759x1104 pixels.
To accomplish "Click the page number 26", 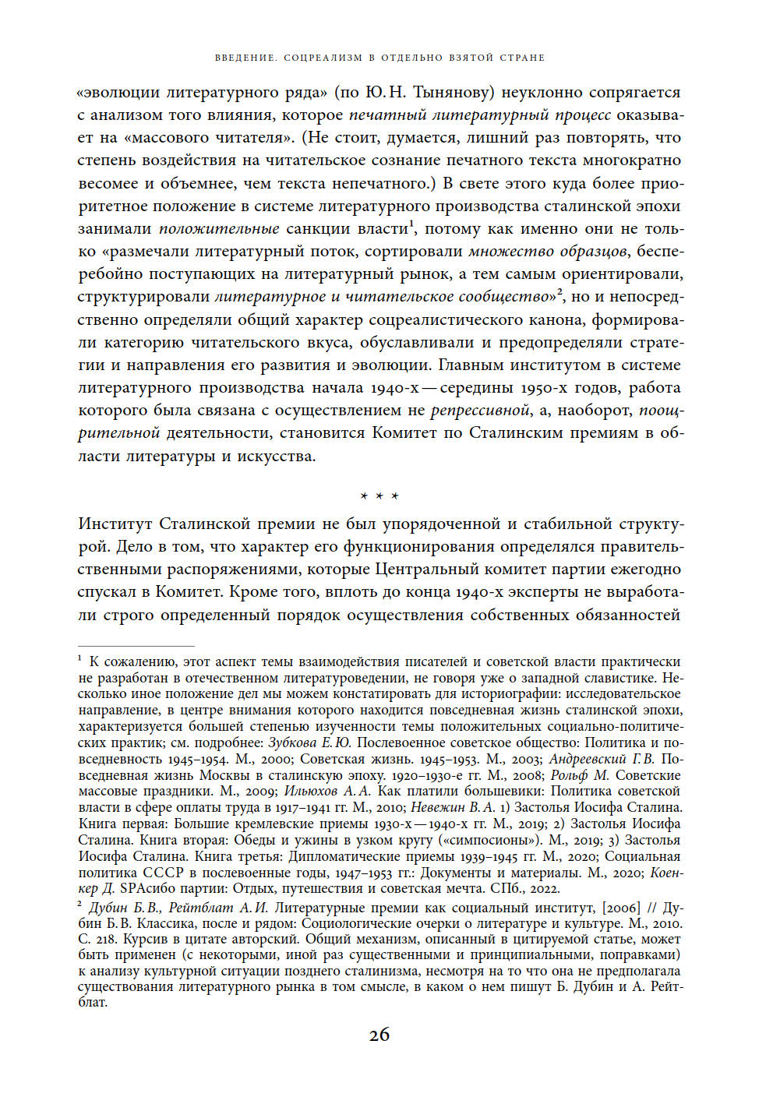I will coord(379,1035).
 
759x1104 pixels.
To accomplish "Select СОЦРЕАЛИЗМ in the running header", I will coord(323,58).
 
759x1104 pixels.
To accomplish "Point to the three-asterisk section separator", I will coord(379,496).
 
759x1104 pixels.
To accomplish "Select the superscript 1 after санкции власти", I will coord(413,224).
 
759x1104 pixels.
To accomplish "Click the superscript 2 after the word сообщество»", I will coord(560,292).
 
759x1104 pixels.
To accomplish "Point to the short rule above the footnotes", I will coord(136,646).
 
